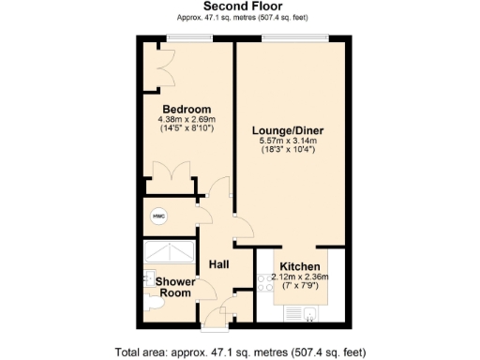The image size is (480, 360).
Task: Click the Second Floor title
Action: (239, 7)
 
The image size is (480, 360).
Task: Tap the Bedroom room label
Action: (185, 109)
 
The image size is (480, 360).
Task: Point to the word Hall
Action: (220, 263)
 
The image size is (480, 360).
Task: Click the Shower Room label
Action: (174, 287)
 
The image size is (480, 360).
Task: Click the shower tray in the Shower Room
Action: (168, 254)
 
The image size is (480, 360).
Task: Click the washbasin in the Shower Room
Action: (147, 278)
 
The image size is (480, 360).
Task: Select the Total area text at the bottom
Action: (239, 352)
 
